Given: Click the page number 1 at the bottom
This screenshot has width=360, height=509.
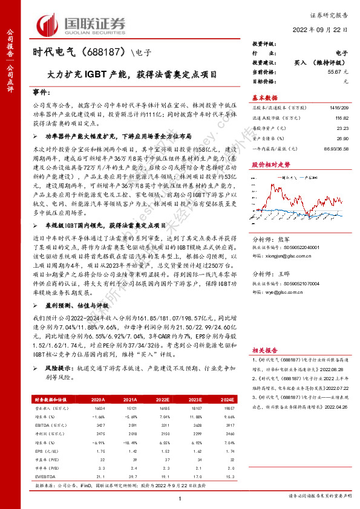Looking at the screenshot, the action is tap(180, 498).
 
